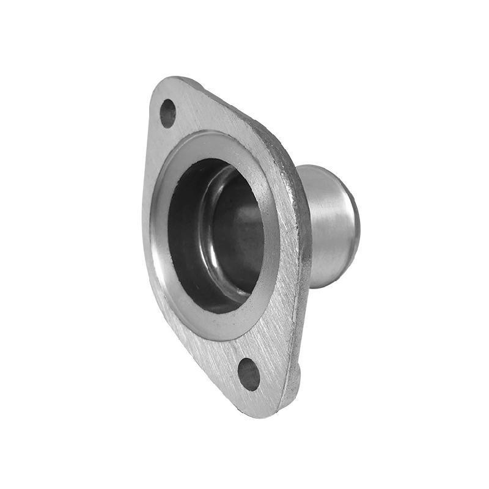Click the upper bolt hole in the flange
(x=167, y=113)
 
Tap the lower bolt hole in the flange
(x=249, y=374)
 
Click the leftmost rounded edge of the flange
(x=144, y=202)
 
